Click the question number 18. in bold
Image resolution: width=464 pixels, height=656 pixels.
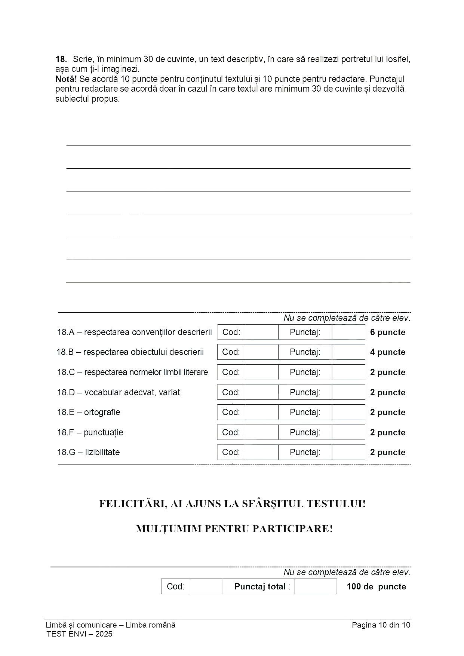[61, 59]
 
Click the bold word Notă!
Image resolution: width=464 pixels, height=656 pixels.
[66, 79]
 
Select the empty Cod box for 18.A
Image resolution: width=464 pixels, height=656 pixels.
[261, 332]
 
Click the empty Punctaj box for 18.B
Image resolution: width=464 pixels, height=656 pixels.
[348, 352]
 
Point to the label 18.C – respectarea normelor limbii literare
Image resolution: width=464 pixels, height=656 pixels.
[132, 372]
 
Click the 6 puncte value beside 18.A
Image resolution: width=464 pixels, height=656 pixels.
[388, 332]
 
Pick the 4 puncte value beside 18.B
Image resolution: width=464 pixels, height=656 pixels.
[388, 352]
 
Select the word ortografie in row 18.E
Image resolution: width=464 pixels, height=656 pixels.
[102, 412]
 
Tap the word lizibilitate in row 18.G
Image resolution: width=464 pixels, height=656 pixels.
[102, 452]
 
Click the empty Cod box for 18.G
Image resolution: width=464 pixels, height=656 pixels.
[261, 452]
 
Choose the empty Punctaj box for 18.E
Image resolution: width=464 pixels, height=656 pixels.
[348, 412]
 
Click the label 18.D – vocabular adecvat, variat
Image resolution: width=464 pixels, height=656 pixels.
[119, 392]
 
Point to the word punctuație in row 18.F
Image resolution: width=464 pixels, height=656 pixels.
[104, 432]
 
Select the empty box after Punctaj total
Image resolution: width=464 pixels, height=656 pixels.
[316, 586]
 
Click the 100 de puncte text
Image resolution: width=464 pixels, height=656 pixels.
[376, 586]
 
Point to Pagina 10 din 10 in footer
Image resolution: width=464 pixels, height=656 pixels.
[381, 625]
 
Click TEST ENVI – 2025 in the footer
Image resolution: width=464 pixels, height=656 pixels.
[79, 634]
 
